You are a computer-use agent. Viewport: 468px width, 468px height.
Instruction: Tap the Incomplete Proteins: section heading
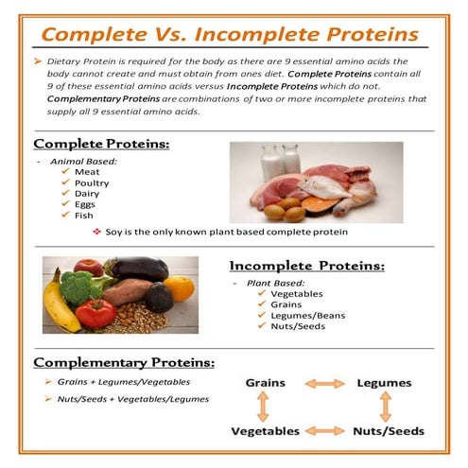[307, 266]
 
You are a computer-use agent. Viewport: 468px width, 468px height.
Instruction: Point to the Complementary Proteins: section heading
[124, 362]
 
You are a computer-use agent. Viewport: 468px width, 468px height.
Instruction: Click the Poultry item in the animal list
[92, 182]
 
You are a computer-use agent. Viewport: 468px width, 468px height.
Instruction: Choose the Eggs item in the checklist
[84, 203]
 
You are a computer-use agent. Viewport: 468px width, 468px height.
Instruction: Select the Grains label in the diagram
[266, 383]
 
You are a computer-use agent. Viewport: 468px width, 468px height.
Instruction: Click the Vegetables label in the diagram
[266, 431]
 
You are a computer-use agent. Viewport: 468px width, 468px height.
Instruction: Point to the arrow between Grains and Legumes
[324, 384]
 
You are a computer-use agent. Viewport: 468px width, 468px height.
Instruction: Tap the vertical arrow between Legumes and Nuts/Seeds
[385, 407]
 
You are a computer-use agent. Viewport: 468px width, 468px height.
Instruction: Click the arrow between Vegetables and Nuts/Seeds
[324, 431]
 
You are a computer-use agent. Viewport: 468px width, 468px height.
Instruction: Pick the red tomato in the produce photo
[95, 312]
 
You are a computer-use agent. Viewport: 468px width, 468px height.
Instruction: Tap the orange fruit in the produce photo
[179, 287]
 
